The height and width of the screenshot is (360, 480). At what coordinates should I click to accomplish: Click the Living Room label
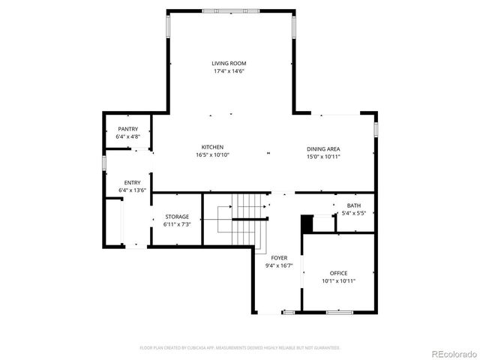point(229,64)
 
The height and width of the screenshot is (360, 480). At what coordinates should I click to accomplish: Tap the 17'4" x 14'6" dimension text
point(229,71)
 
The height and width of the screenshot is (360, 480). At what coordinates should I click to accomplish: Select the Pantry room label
point(127,129)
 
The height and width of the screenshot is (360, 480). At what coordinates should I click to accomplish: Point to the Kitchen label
point(212,147)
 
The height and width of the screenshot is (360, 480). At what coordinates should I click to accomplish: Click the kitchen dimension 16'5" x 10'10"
point(212,155)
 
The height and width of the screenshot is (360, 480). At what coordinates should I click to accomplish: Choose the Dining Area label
point(323,149)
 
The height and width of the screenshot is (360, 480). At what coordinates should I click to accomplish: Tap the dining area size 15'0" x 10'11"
point(323,157)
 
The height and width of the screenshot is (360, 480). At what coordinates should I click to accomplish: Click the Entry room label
point(132,182)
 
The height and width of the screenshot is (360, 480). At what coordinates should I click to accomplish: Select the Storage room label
point(177,217)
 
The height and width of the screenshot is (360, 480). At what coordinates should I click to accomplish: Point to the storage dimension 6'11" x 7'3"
point(177,224)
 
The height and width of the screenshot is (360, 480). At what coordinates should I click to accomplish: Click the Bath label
point(352,205)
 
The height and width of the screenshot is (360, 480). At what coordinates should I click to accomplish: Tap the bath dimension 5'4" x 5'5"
point(352,214)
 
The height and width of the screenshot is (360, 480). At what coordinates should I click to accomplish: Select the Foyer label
point(279,257)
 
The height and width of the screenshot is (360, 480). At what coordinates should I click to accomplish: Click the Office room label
point(338,273)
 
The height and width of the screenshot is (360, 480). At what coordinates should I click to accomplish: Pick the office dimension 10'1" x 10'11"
point(338,281)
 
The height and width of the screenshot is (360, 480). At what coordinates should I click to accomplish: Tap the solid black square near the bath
point(306,223)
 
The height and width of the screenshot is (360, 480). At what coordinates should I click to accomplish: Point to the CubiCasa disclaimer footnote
point(240,348)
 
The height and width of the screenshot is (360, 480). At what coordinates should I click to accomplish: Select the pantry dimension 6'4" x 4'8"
point(127,137)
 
